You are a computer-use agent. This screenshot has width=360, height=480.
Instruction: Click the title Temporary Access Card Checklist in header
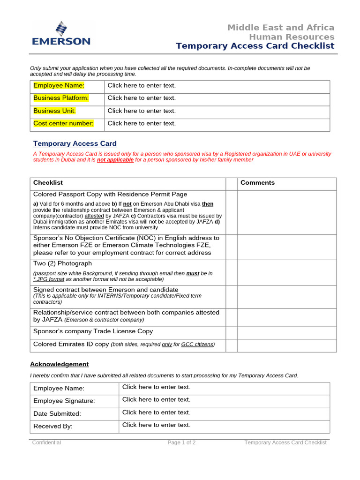[x=255, y=45]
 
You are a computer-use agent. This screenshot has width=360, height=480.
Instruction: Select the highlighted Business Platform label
[x=60, y=98]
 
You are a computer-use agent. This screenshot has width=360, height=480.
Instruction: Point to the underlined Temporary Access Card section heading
[x=75, y=143]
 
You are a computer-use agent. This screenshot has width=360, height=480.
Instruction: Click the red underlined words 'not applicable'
[x=115, y=160]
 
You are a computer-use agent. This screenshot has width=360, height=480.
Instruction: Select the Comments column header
[x=257, y=183]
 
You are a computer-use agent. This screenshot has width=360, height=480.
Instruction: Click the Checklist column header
[x=48, y=183]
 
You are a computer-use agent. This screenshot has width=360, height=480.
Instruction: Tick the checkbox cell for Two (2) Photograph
[x=231, y=272]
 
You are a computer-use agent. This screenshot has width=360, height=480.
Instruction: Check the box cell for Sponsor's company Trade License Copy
[x=231, y=333]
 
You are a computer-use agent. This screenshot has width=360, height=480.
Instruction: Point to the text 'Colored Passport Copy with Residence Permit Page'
[x=110, y=194]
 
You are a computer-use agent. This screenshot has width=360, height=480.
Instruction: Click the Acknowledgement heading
[x=59, y=364]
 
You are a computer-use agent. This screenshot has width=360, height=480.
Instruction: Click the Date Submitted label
[x=57, y=413]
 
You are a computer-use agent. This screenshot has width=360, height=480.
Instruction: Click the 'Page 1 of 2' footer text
[x=182, y=442]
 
